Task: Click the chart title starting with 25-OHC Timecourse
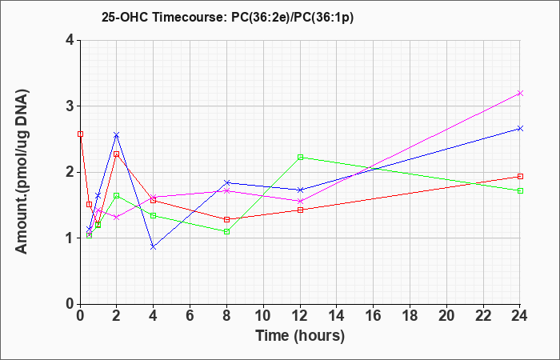227,18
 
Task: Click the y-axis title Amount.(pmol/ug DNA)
22,171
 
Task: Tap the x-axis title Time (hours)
300,336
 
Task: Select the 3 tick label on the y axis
70,106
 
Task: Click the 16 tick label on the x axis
374,315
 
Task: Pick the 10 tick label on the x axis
263,315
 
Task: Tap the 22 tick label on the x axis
483,315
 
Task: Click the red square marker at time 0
80,134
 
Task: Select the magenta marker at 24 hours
520,94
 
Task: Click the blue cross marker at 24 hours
520,128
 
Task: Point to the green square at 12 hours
300,157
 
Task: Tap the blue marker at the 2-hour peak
117,135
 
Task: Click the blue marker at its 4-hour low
154,246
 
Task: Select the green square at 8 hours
226,231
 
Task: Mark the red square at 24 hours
520,177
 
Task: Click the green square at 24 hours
520,190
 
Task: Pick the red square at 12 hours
300,210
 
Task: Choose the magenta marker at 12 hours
300,201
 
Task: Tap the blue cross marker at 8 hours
226,182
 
